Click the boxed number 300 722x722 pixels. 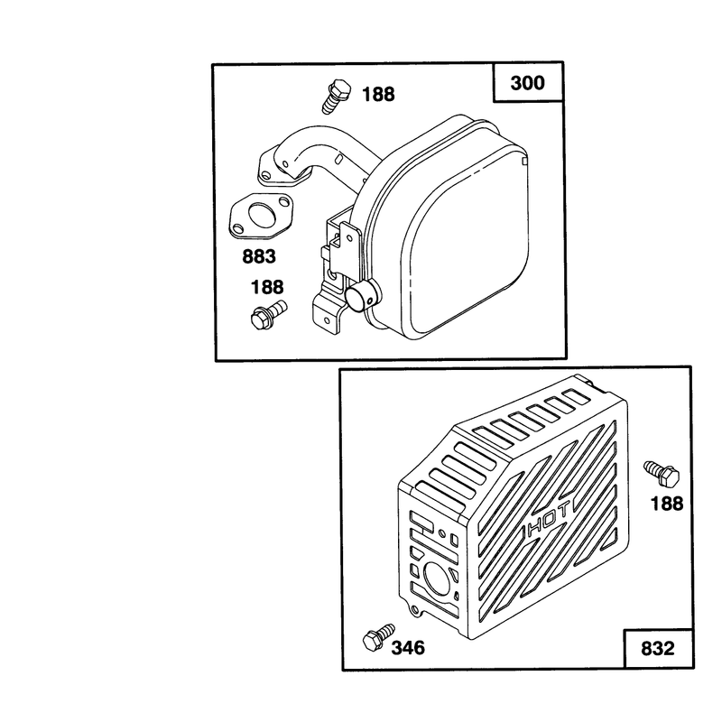pos(527,83)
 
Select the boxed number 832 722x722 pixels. pos(657,648)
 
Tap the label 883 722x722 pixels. pos(259,256)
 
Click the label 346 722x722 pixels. pos(408,648)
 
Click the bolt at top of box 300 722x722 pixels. pos(336,96)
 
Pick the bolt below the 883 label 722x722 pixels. pos(268,313)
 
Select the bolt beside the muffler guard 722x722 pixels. pos(662,473)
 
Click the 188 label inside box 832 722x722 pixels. pos(667,504)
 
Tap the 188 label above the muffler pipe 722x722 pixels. pos(378,95)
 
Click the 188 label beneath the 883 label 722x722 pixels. pos(267,287)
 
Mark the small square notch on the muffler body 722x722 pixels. pos(524,161)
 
